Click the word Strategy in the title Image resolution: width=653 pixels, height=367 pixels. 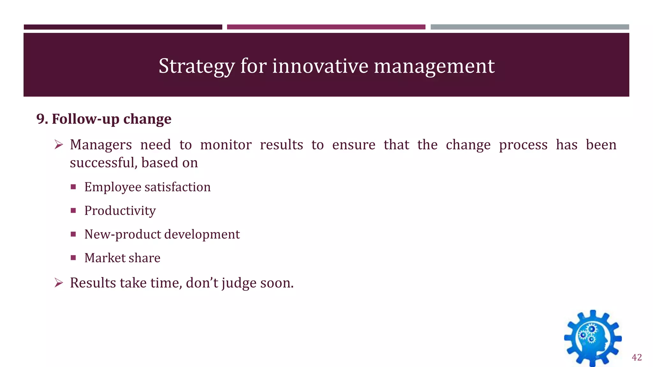[x=196, y=66]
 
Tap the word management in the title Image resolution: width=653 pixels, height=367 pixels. [x=434, y=66]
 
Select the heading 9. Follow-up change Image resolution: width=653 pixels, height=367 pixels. [x=104, y=119]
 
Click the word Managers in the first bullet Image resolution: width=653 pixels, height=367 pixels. [x=101, y=145]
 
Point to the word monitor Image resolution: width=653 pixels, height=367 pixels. [x=226, y=145]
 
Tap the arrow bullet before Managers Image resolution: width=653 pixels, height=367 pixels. [x=59, y=145]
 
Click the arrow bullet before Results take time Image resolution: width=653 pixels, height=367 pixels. [x=59, y=283]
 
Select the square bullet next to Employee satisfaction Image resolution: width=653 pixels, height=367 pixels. [x=73, y=187]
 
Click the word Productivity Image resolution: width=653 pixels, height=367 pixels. [x=120, y=211]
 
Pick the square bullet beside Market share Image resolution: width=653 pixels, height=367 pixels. [x=73, y=257]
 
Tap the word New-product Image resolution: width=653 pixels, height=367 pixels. [x=122, y=234]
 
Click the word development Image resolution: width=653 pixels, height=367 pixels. [x=202, y=234]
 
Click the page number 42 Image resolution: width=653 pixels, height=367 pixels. [x=637, y=357]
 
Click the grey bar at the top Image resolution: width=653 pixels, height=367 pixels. [x=530, y=27]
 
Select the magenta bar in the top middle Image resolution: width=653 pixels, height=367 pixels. [x=326, y=27]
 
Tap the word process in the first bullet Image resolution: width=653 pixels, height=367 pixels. [x=523, y=145]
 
